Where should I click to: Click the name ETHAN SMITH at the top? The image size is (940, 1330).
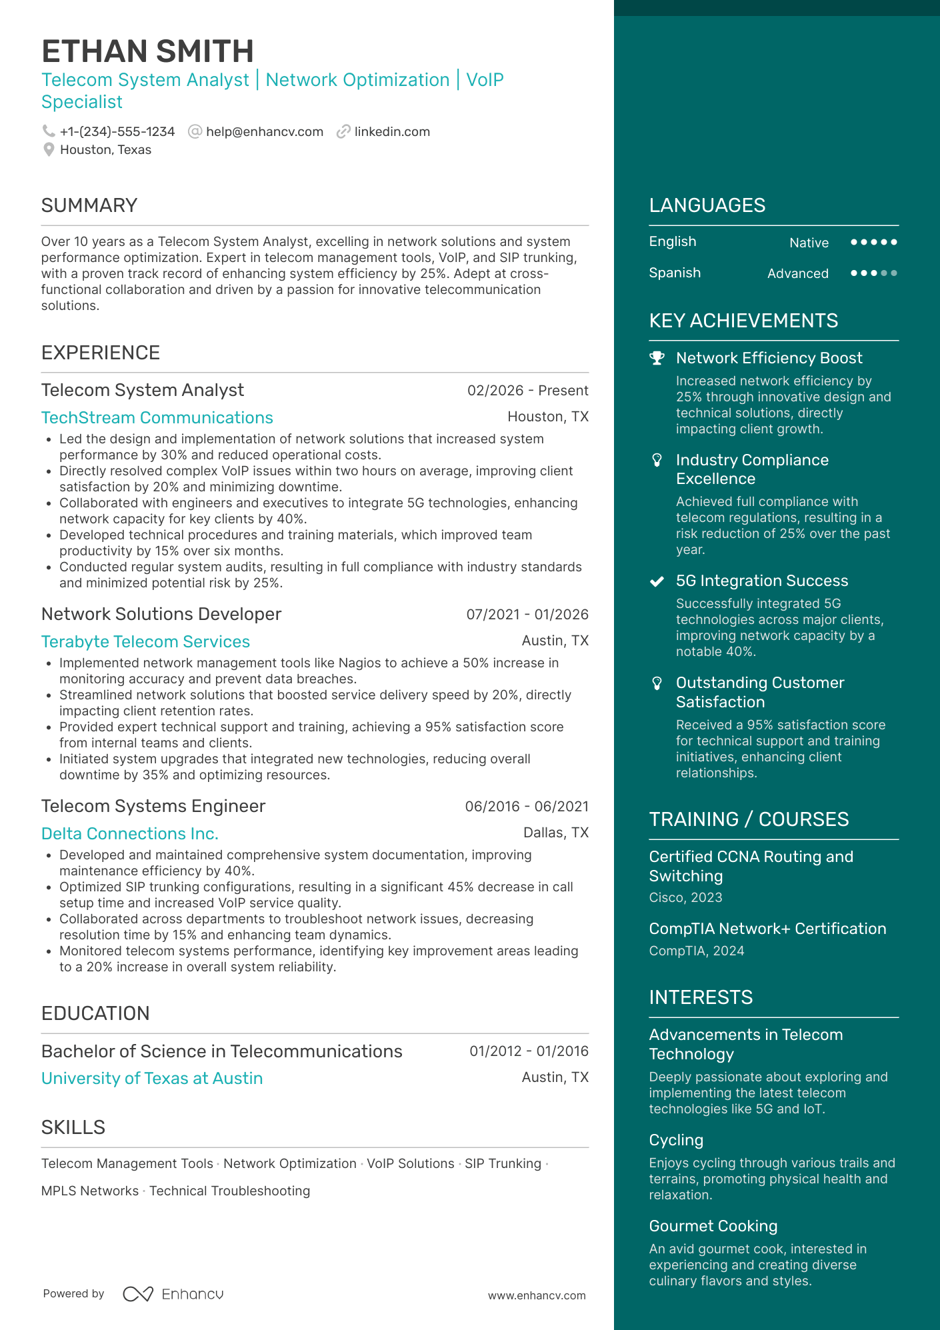147,51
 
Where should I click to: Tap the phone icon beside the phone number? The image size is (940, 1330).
49,131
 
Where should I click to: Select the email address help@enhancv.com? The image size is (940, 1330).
264,132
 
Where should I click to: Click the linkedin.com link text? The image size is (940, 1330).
392,132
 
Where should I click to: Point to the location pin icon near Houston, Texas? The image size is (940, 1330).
49,150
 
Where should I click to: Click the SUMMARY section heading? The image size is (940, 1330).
89,205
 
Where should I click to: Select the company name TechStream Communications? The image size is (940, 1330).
157,418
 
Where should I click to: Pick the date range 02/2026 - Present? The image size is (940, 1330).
527,391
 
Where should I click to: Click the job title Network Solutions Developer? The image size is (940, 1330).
161,614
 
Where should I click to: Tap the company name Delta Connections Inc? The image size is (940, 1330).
130,834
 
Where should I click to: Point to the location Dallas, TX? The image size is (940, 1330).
555,833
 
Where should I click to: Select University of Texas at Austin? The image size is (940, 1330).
152,1079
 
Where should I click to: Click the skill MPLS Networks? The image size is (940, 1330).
90,1191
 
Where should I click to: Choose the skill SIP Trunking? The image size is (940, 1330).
503,1164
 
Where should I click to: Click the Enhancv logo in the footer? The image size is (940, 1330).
173,1294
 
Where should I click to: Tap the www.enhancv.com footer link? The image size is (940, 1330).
537,1295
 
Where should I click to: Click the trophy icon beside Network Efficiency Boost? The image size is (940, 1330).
657,358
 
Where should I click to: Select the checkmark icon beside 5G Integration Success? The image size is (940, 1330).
657,581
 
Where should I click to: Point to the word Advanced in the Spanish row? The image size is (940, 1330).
797,273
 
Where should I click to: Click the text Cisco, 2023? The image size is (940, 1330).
685,898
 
